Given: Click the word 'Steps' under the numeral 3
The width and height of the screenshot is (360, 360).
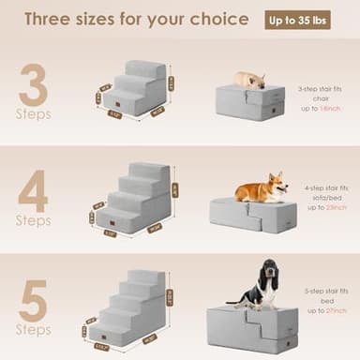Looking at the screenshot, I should [x=34, y=114].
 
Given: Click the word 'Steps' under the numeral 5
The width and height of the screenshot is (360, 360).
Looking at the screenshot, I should [x=34, y=330].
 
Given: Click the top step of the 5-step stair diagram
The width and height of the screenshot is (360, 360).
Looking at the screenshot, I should [x=151, y=275].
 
